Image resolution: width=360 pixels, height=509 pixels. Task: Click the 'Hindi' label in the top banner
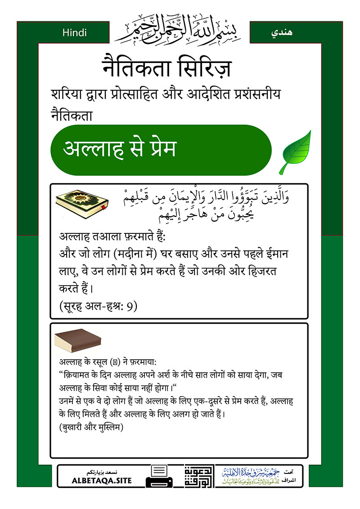point(75,32)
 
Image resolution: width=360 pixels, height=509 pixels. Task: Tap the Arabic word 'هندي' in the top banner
point(283,33)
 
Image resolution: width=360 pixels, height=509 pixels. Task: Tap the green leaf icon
point(295,152)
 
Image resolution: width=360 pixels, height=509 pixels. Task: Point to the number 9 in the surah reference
point(131,307)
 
